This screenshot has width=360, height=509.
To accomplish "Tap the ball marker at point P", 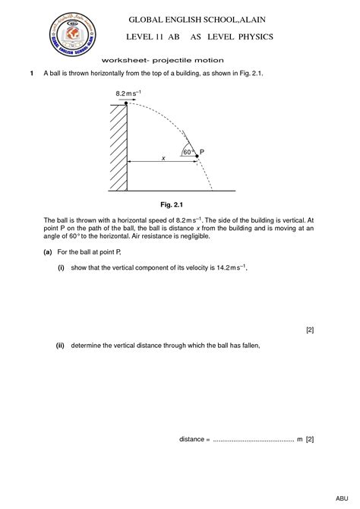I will tap(197, 155).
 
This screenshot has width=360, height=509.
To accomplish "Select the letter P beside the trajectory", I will tap(203, 152).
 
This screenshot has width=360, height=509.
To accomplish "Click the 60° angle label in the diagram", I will tap(188, 152).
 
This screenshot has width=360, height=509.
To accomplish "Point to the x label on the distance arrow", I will tap(162, 157).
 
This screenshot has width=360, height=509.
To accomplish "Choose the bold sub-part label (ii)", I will tap(60, 345).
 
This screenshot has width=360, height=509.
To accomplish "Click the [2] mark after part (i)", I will tap(310, 330).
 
